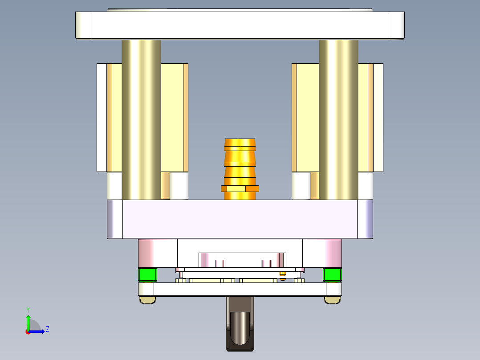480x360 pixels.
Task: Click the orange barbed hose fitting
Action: click(x=240, y=160)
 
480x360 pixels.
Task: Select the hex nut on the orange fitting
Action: click(x=240, y=188)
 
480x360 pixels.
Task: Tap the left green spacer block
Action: click(x=147, y=274)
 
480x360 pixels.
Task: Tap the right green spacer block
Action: click(x=332, y=274)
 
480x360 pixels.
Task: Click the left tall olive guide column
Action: click(x=141, y=120)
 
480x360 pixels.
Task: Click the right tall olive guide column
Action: click(x=338, y=120)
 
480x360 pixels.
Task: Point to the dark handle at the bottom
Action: click(x=240, y=325)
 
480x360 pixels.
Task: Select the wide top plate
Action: click(x=240, y=25)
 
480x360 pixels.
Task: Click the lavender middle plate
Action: click(x=240, y=219)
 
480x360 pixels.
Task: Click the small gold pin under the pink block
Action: click(x=282, y=274)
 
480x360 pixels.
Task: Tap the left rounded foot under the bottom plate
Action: click(x=147, y=300)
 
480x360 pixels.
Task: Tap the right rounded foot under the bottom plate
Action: click(x=332, y=300)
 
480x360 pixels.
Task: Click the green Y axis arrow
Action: click(x=28, y=321)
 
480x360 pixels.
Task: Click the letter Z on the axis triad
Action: click(x=47, y=329)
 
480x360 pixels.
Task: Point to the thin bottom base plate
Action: click(x=240, y=289)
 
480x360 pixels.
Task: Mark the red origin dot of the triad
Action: click(x=28, y=331)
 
